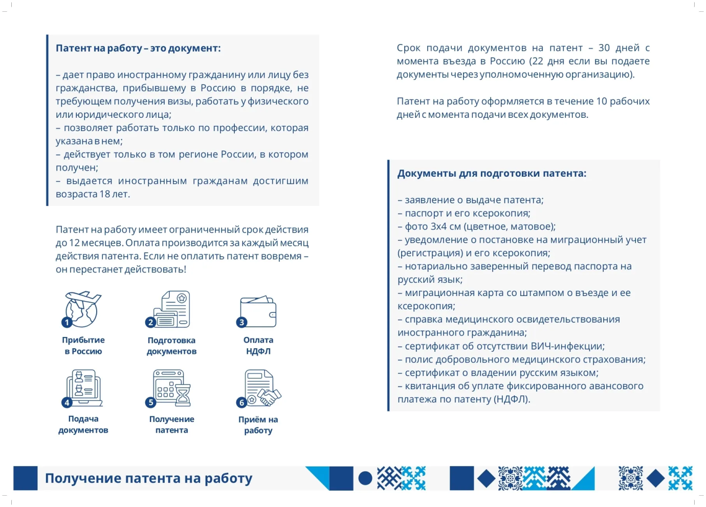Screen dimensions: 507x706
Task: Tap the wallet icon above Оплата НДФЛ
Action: click(x=259, y=311)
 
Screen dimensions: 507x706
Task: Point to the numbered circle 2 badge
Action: click(x=150, y=322)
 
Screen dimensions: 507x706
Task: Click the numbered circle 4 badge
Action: click(x=67, y=403)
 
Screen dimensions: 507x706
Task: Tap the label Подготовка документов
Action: click(x=171, y=346)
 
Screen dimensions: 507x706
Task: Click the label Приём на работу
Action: click(x=258, y=425)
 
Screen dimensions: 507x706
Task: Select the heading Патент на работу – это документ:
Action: click(x=138, y=48)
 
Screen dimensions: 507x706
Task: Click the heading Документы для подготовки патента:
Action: click(x=492, y=174)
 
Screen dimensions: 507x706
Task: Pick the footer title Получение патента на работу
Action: click(x=148, y=478)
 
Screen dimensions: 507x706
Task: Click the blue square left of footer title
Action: click(x=25, y=478)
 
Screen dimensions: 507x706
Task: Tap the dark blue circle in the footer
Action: click(x=365, y=478)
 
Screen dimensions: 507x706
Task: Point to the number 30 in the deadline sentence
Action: click(x=604, y=48)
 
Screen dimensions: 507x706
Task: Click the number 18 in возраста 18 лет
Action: click(x=105, y=194)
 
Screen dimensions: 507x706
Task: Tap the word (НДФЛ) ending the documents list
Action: click(x=511, y=399)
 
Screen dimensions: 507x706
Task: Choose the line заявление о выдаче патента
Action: click(x=471, y=200)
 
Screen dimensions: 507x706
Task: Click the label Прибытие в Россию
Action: click(x=83, y=346)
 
